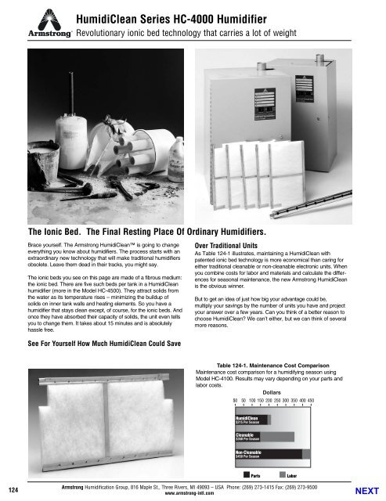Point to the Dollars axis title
coord(271,391)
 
